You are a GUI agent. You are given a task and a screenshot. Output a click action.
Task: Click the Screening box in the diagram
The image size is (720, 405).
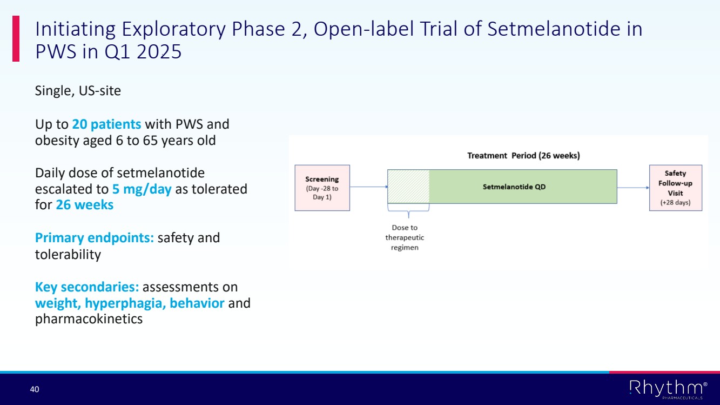322,188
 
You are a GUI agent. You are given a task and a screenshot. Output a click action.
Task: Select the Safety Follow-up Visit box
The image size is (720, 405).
676,188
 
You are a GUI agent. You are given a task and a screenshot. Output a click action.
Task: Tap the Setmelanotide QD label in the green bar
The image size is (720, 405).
514,187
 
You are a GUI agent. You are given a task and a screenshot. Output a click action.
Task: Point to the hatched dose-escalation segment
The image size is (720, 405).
408,187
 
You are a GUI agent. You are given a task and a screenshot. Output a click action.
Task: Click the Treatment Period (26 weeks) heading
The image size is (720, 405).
523,156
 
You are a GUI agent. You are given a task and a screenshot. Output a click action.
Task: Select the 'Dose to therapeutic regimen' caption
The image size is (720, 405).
405,237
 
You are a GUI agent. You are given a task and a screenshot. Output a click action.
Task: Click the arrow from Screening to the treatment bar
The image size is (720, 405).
369,187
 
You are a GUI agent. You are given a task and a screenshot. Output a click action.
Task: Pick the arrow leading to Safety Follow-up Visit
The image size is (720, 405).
633,188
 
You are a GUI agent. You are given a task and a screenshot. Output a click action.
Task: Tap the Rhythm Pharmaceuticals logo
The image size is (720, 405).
669,389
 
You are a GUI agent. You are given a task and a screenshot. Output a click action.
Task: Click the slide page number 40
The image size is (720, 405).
35,389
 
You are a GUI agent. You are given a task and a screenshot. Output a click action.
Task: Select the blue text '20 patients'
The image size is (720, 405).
106,124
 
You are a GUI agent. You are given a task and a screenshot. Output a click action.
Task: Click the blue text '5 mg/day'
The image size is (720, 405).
142,189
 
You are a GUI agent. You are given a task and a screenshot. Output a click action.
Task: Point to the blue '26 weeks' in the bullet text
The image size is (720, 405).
85,205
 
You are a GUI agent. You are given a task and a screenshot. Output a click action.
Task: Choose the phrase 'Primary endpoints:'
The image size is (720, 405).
95,238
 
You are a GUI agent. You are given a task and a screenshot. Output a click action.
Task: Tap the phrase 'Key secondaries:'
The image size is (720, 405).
87,287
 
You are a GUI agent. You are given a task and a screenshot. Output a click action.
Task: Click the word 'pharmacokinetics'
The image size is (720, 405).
89,319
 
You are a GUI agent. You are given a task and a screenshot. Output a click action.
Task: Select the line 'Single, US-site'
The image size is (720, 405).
78,91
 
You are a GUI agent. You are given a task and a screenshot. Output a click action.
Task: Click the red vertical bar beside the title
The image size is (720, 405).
16,38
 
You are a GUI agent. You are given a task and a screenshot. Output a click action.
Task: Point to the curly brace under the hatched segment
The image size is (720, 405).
408,211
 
